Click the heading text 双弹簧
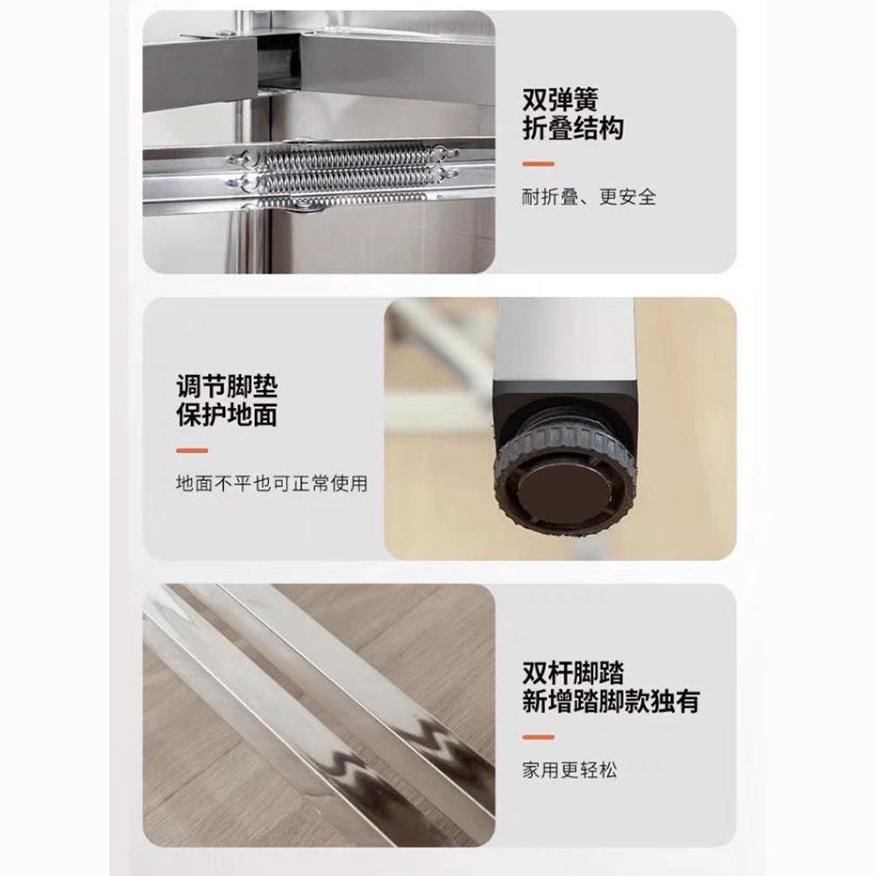click(561, 100)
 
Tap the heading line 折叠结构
click(573, 129)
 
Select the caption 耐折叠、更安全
click(589, 196)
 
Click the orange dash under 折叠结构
click(538, 164)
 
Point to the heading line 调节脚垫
click(227, 386)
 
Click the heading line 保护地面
click(227, 415)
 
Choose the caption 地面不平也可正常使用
click(272, 484)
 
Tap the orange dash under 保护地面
click(192, 450)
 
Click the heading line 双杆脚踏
click(573, 673)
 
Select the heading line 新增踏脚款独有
click(611, 702)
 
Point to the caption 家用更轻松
click(570, 770)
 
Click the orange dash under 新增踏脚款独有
click(538, 737)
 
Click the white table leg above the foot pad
click(565, 339)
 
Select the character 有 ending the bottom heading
click(688, 702)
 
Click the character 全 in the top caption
click(647, 196)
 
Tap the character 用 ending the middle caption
click(358, 484)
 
